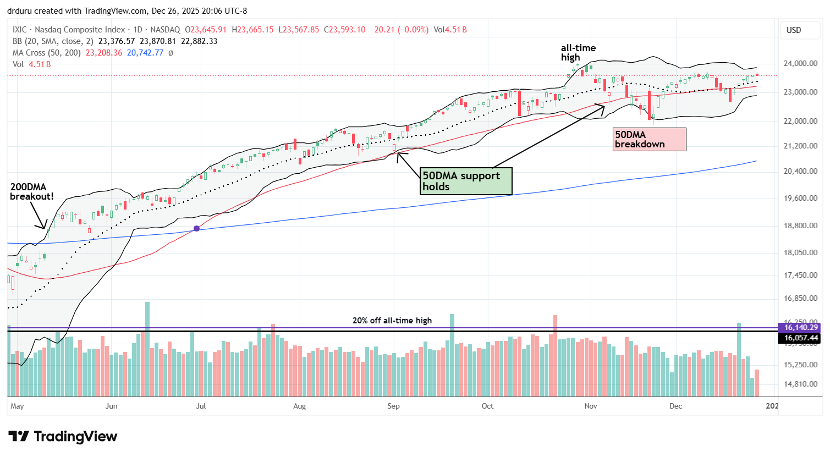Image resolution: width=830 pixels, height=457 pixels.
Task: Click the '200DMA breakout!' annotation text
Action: [x=32, y=191]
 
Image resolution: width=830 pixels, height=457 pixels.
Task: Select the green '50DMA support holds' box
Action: [x=465, y=181]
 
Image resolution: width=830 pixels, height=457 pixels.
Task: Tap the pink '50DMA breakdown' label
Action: [x=649, y=139]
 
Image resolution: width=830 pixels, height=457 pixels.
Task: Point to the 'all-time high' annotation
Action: [x=578, y=53]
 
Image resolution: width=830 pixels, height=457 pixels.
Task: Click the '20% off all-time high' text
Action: [x=392, y=321]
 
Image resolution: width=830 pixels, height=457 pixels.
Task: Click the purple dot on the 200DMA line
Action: [x=197, y=228]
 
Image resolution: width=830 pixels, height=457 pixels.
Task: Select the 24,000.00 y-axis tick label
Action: [x=800, y=63]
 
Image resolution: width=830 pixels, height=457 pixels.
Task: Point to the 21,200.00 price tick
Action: [x=800, y=146]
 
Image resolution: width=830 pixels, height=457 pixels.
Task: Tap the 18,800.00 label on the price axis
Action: [x=800, y=225]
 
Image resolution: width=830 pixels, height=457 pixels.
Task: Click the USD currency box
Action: [x=794, y=30]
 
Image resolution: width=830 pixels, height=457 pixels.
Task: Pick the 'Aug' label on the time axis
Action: [x=299, y=406]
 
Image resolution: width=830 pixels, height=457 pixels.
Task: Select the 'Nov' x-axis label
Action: [x=591, y=406]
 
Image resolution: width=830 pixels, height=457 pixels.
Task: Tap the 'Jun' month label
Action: [x=111, y=406]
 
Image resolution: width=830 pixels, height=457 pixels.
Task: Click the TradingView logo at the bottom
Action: [x=63, y=437]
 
